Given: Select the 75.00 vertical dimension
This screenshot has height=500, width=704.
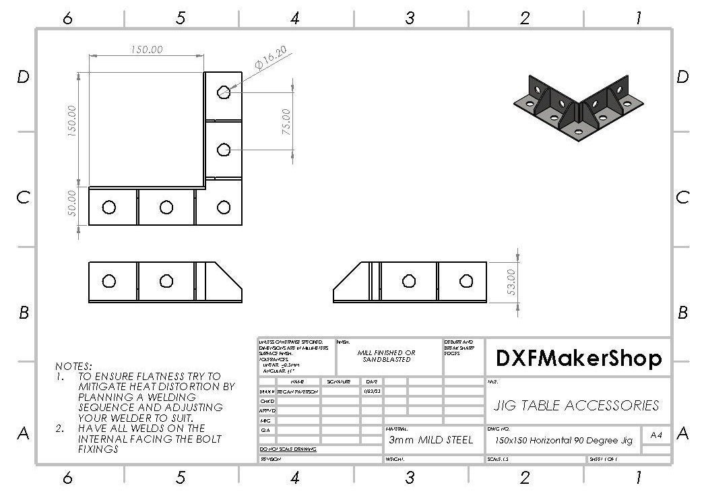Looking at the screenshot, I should point(286,121).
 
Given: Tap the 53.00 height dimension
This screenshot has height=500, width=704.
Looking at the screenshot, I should point(511,282).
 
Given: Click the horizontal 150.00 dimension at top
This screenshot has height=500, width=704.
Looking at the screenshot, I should point(146,50).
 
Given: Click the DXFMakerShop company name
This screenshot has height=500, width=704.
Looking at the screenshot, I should point(579,358).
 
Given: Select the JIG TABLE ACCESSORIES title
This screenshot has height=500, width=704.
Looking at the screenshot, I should point(577,406).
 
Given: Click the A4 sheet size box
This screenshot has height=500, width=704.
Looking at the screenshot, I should point(656,435).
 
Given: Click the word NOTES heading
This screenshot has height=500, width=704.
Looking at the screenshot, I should point(73,366).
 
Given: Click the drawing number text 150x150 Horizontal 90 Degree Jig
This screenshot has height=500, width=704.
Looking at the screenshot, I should point(563,441).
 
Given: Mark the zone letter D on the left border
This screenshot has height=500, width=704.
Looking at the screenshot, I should point(23,77).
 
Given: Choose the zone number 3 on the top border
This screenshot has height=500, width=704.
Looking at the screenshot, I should point(409,18).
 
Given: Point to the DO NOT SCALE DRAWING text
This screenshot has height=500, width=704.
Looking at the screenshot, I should point(288,449).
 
